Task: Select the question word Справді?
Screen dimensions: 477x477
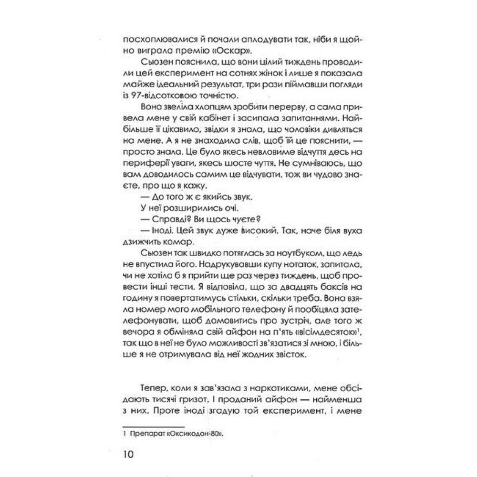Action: pyautogui.click(x=167, y=219)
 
